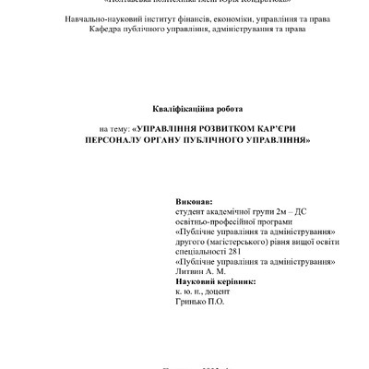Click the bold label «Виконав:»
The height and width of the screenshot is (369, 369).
click(193, 201)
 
